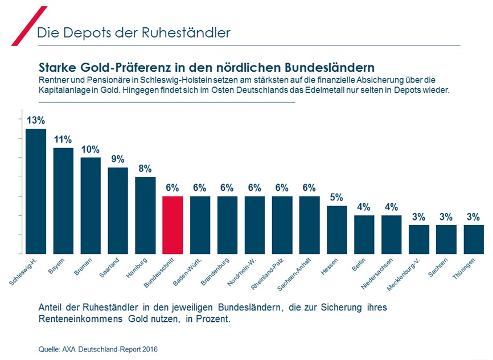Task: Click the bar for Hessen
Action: tap(337, 229)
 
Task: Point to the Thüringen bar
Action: tap(474, 239)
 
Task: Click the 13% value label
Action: tap(35, 120)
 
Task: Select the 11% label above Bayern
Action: tap(63, 140)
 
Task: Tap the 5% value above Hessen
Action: tap(337, 197)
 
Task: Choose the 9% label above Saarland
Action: tap(118, 159)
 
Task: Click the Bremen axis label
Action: tap(83, 267)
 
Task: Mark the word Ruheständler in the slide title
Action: tap(194, 32)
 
